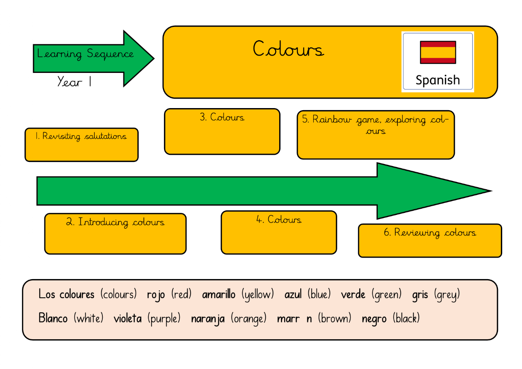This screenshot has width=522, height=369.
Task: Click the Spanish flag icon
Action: (438, 52)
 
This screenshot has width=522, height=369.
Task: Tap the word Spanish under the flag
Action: (437, 80)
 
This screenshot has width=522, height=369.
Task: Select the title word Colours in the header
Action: (288, 49)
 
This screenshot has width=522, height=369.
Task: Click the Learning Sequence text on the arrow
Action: (85, 54)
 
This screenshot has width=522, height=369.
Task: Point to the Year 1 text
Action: (75, 82)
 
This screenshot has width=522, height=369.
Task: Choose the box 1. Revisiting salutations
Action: (82, 145)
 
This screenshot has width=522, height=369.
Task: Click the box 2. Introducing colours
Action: (115, 234)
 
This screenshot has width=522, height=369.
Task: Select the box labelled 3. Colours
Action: (222, 131)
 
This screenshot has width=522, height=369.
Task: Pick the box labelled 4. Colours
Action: (278, 232)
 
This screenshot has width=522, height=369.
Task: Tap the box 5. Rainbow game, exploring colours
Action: (375, 135)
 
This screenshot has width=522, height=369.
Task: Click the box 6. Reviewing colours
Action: (430, 241)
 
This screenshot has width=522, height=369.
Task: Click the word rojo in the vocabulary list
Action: (156, 295)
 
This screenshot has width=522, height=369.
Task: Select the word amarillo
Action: (218, 295)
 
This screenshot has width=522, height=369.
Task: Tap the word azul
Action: (293, 295)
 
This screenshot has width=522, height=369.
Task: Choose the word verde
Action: (353, 295)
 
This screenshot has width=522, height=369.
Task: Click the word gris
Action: (420, 295)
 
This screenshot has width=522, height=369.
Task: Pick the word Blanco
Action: (53, 318)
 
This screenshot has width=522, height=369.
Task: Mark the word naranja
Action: (208, 319)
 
